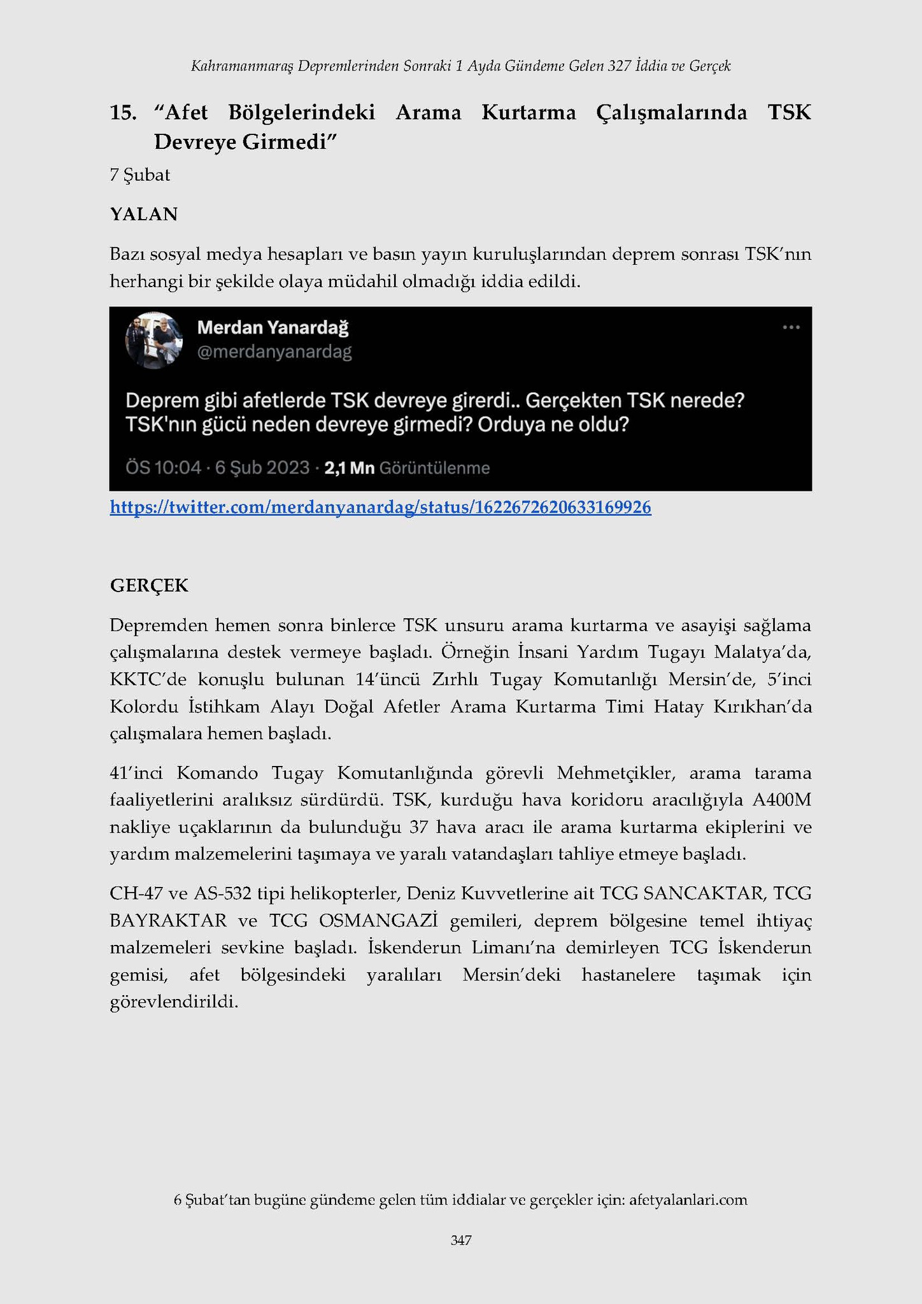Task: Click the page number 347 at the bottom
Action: click(460, 1240)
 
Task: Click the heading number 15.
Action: click(123, 113)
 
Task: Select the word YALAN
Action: click(143, 214)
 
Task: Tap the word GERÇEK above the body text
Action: click(149, 586)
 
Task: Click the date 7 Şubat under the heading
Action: click(139, 175)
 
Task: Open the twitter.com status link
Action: click(380, 507)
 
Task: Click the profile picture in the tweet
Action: click(153, 341)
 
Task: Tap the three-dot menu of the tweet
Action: click(791, 327)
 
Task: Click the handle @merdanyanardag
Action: click(274, 352)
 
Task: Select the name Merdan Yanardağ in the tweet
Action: click(273, 328)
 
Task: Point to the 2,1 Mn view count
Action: click(349, 469)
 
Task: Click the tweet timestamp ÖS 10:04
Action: click(163, 469)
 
